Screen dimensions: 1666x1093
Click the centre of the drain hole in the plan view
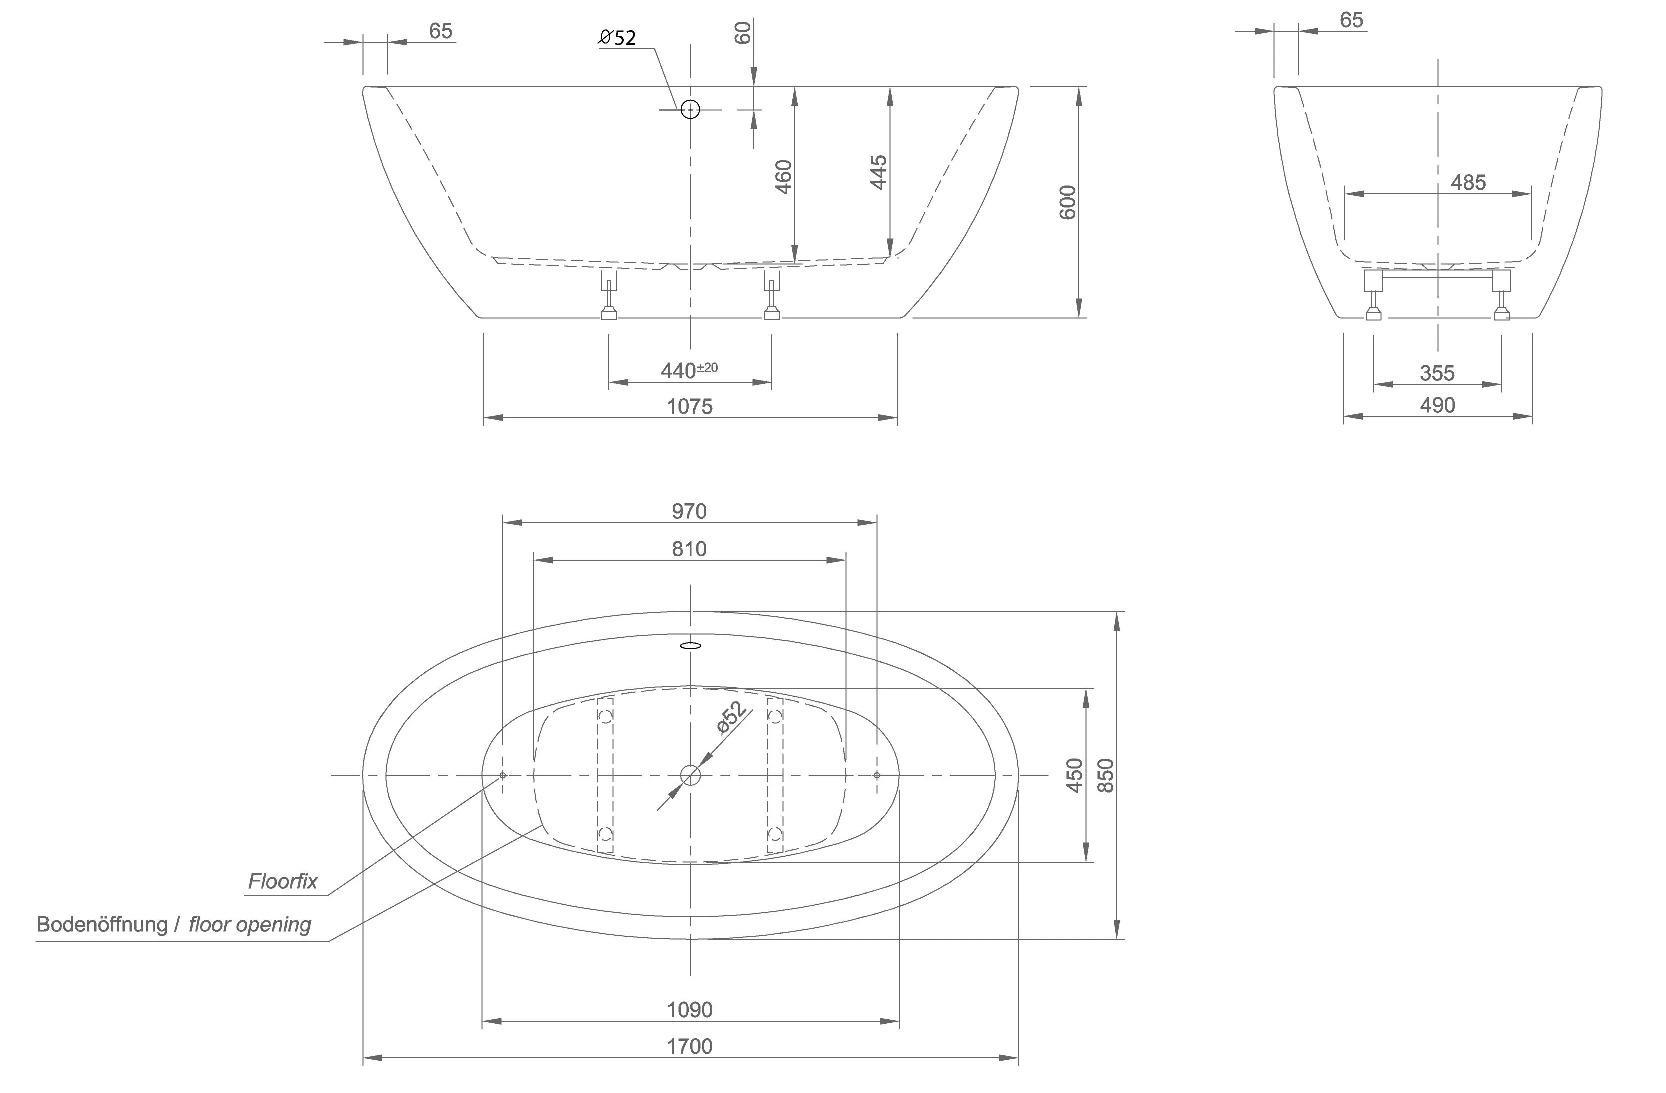[x=690, y=775]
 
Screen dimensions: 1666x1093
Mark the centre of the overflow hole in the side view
[x=690, y=109]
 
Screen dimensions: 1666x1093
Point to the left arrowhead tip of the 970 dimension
[x=503, y=522]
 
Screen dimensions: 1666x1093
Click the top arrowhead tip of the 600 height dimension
[x=1079, y=87]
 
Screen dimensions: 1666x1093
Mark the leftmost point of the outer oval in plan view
[x=362, y=775]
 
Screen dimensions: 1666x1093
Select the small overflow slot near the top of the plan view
[x=690, y=646]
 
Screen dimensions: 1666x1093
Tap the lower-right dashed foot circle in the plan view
[x=775, y=833]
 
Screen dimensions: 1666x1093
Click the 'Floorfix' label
[x=283, y=881]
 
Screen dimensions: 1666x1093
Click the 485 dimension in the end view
[x=1468, y=183]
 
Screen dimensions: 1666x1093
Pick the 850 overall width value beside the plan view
[x=1105, y=775]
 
